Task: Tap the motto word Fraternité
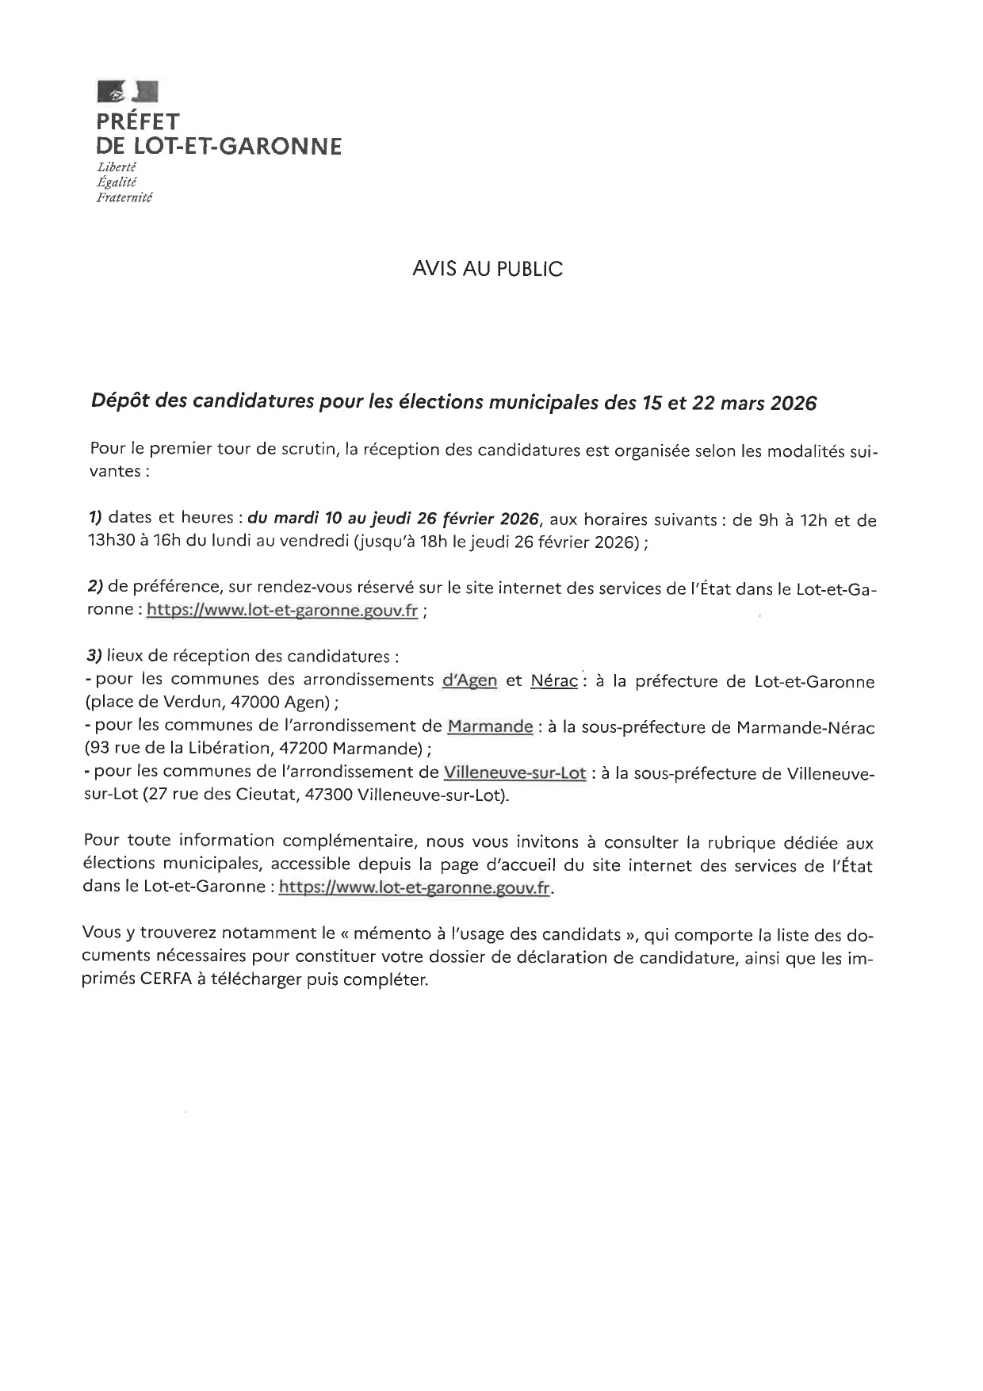click(124, 197)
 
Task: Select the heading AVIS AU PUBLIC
click(488, 270)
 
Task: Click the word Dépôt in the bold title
click(121, 403)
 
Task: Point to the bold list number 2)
click(95, 587)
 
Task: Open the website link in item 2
click(282, 611)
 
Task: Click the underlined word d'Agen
click(469, 680)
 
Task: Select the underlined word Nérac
click(553, 680)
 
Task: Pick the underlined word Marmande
click(490, 726)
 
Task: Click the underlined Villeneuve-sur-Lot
click(514, 773)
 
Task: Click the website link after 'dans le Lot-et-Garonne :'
click(415, 888)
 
